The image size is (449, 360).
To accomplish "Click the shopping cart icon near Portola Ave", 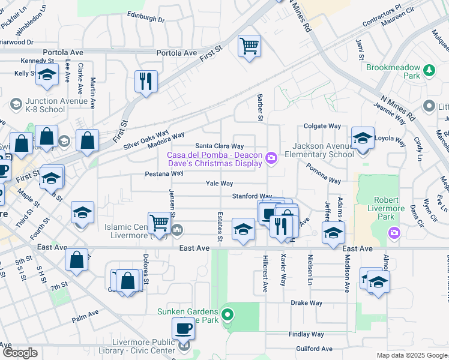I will coord(249,46).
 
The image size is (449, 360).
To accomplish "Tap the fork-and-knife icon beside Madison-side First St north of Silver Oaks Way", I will coord(146,81).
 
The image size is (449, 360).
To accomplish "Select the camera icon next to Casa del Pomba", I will coord(272,158).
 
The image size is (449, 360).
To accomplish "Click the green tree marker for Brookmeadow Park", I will coord(429,71).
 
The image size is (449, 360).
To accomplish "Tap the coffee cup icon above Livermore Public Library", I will coord(183,328).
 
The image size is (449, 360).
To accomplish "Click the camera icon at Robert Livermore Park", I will coord(394,232).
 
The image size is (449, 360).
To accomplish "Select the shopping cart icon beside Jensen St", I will coord(159,223).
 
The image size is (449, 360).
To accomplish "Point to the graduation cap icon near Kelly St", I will coord(46,75).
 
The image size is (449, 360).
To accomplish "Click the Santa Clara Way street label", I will coord(220,146).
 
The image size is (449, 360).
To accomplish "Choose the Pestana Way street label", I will coord(164,173).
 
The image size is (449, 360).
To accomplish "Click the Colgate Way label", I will coord(322,127).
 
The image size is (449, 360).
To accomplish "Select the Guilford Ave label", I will coord(314,349).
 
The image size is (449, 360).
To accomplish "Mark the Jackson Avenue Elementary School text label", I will coord(323,150).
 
